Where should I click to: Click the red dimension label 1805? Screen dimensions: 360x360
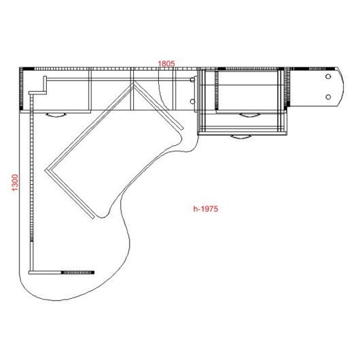166,64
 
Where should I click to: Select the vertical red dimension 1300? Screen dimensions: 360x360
15,183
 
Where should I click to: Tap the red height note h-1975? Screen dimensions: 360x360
206,209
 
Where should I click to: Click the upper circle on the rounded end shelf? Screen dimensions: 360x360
328,77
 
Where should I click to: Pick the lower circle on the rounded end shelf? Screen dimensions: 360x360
328,97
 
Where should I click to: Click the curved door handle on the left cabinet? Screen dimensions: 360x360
56,115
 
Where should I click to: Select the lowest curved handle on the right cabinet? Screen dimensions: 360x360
241,137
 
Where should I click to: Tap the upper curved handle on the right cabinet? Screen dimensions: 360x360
250,115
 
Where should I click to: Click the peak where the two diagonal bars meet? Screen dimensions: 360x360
133,82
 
